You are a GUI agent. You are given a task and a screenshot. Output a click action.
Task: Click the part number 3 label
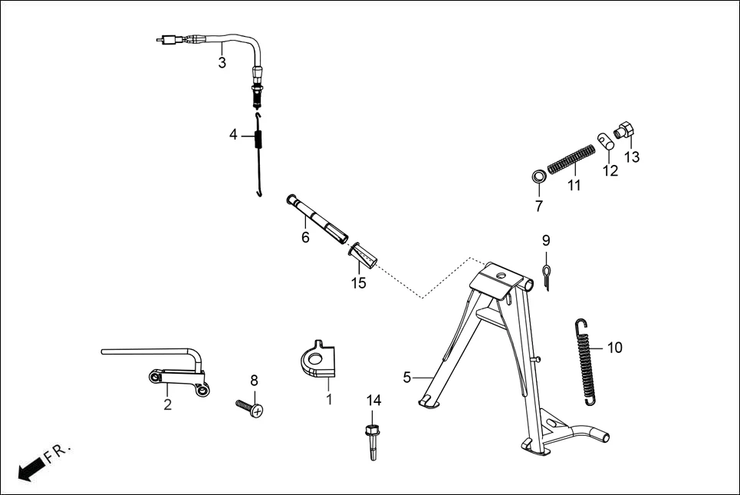(x=222, y=63)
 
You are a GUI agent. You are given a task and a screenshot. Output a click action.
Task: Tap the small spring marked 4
(x=258, y=139)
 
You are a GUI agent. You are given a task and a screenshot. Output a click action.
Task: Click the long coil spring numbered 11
(x=573, y=160)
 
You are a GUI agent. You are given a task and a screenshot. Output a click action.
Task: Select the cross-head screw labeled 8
(x=249, y=407)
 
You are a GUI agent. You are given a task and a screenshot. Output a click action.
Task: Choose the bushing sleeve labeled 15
(x=363, y=256)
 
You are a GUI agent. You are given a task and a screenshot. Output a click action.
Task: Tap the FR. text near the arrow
(x=58, y=453)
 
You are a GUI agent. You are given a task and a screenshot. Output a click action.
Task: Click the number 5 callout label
(x=407, y=377)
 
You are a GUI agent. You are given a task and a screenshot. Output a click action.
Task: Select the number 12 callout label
(x=610, y=171)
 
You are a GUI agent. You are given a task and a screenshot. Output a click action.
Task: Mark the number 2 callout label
(x=167, y=405)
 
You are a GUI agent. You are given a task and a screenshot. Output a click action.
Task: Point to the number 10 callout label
(x=614, y=348)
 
